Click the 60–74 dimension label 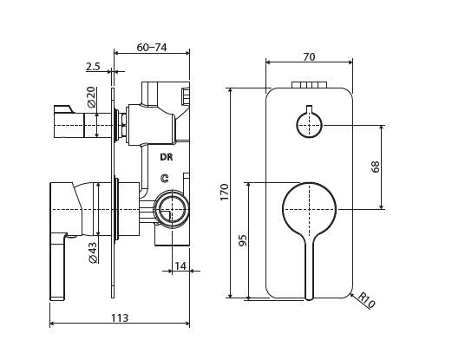152,47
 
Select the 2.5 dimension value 94,66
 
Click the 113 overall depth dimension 120,318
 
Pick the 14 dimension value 180,265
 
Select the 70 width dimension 309,56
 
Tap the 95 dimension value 243,239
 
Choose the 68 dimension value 376,166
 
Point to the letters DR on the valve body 166,157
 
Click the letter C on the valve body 164,177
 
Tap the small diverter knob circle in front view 309,124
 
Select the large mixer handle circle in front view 309,209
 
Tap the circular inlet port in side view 173,209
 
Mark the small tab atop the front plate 309,85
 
